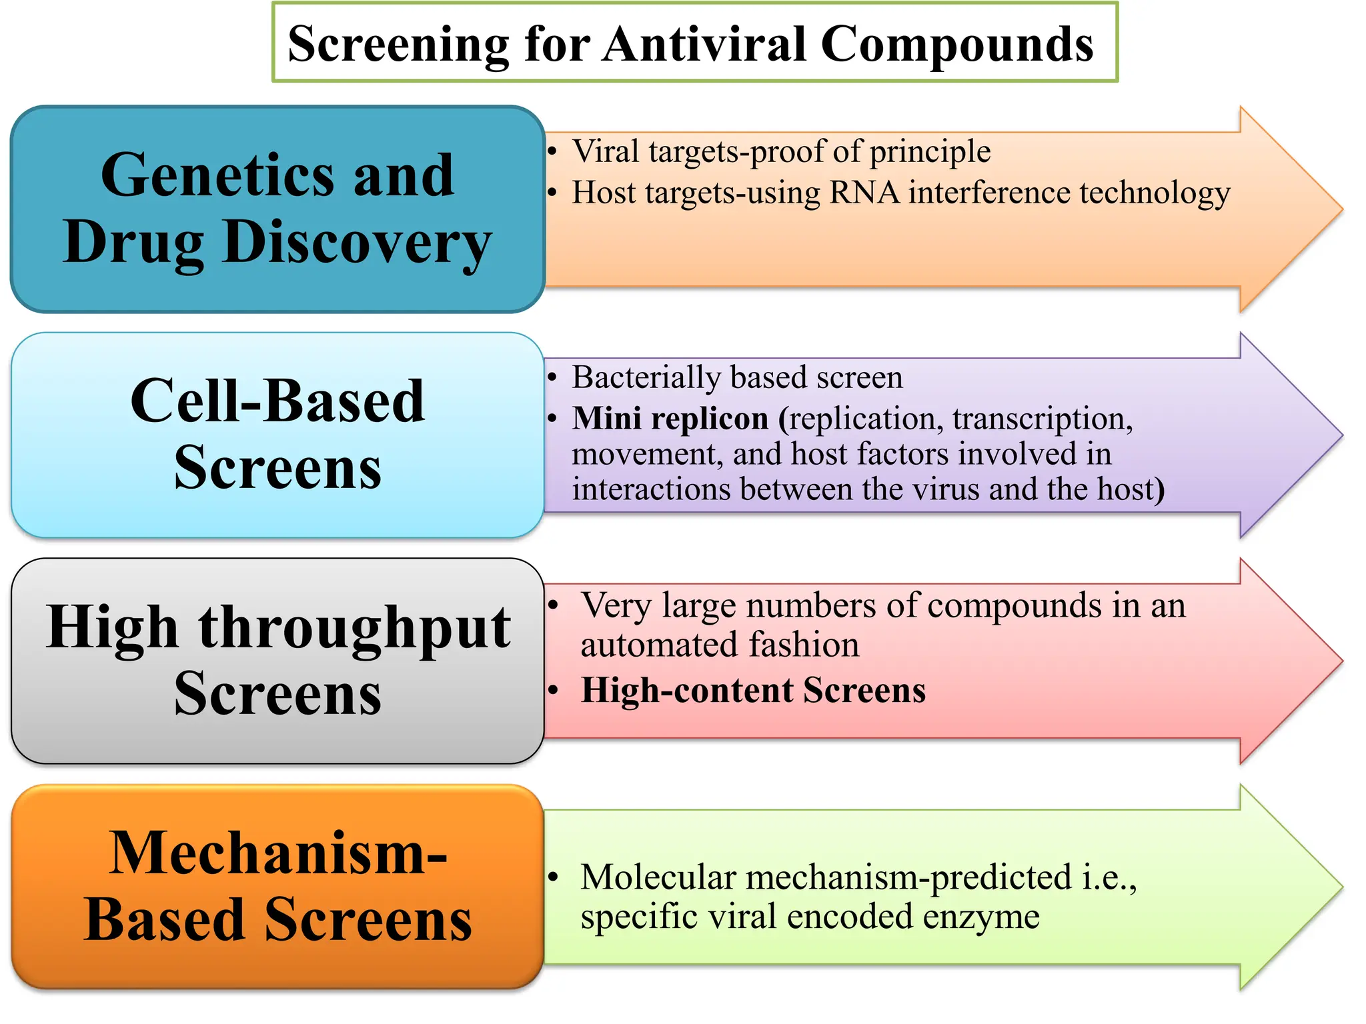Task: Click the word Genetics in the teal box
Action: (217, 175)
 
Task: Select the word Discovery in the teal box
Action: (358, 243)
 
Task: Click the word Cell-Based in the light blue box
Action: (277, 401)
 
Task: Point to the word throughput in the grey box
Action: (355, 628)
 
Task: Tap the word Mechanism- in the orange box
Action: (277, 853)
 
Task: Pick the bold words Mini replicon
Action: (670, 419)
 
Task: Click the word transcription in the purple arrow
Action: (1042, 419)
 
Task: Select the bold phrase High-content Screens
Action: (753, 690)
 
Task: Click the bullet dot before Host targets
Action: (552, 193)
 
